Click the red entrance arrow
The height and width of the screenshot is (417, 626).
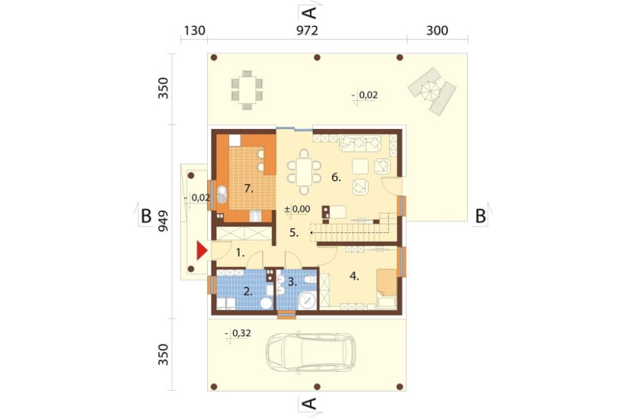(x=202, y=251)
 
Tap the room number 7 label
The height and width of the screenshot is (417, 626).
(x=249, y=188)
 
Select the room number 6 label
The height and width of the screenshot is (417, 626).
(x=336, y=177)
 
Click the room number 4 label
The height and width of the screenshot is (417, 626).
(x=354, y=275)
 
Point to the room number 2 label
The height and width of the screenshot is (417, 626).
(x=248, y=292)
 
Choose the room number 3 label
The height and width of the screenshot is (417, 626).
(x=292, y=282)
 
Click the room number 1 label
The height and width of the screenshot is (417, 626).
(x=240, y=252)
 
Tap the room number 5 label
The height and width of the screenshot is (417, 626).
(x=294, y=232)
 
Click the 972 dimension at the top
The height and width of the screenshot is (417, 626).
(x=307, y=31)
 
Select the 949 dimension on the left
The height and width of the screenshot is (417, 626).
(x=163, y=221)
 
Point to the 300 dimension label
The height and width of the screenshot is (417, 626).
(x=437, y=31)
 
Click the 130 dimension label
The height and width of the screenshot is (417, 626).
(x=195, y=31)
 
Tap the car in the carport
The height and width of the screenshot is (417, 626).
(x=310, y=353)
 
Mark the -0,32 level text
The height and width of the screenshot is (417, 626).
(x=238, y=333)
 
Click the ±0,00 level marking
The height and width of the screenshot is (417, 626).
(x=297, y=209)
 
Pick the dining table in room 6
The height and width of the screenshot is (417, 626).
(x=304, y=172)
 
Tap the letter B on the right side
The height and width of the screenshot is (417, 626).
(x=480, y=216)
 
